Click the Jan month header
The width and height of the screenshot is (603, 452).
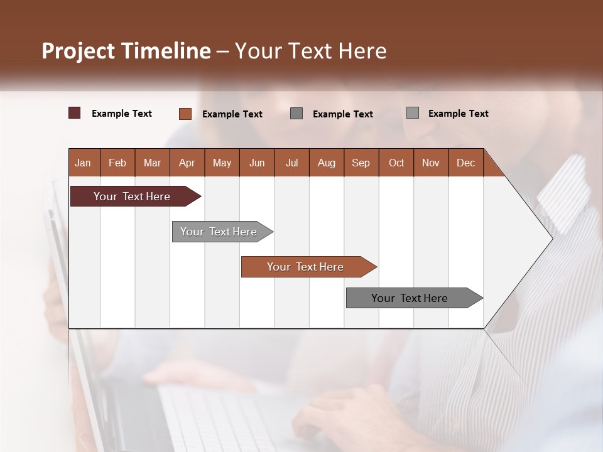click(x=84, y=163)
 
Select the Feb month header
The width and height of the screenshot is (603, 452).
click(x=117, y=163)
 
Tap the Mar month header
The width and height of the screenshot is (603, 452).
click(x=152, y=163)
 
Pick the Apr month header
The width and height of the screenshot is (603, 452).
click(x=187, y=163)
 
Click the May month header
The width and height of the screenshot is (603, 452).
click(x=222, y=163)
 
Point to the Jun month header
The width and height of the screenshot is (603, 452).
click(x=257, y=163)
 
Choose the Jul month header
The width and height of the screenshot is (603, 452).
click(x=291, y=163)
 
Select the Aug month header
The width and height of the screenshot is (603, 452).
click(x=326, y=163)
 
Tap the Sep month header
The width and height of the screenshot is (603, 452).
click(x=361, y=163)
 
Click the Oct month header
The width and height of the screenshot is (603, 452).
click(x=396, y=163)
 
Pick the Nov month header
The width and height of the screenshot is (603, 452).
click(x=431, y=163)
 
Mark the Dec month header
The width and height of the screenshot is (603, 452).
click(x=465, y=163)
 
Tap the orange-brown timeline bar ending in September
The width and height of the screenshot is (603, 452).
click(x=306, y=267)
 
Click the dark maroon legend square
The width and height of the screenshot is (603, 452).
click(x=75, y=113)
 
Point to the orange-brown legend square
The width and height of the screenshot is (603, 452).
click(x=185, y=114)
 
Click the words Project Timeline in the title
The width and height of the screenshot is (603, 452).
click(x=126, y=51)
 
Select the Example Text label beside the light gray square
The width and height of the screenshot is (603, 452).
click(x=458, y=114)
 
